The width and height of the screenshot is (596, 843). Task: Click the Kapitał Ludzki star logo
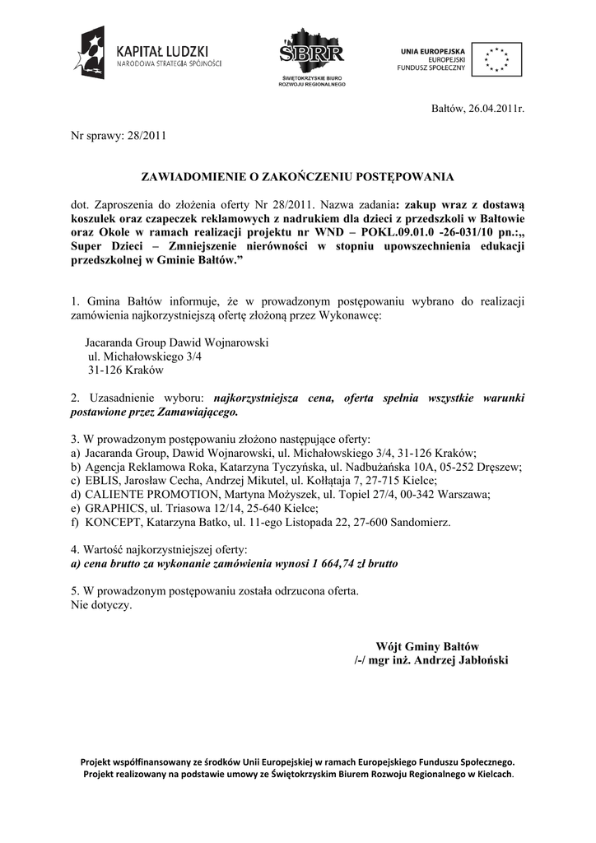point(91,53)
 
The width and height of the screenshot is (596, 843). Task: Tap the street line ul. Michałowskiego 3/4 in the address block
point(144,357)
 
